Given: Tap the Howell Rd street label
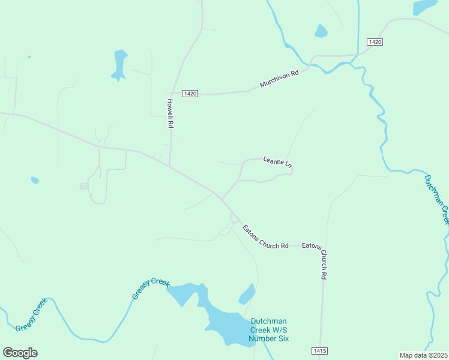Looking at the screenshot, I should pyautogui.click(x=170, y=113).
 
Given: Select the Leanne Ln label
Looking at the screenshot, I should pyautogui.click(x=277, y=161).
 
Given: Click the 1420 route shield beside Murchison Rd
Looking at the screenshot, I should pyautogui.click(x=190, y=94).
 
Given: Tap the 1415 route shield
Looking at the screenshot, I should pyautogui.click(x=319, y=350).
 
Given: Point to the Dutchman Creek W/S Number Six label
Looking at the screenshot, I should pyautogui.click(x=269, y=330).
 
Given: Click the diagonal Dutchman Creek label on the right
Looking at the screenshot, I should pyautogui.click(x=436, y=199).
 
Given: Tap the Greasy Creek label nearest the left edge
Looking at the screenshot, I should pyautogui.click(x=31, y=316).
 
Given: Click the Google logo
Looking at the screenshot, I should pyautogui.click(x=20, y=353).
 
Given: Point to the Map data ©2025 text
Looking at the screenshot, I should pyautogui.click(x=424, y=355).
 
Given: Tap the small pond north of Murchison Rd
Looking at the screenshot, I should pyautogui.click(x=321, y=31).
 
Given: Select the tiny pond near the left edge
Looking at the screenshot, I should pyautogui.click(x=35, y=179).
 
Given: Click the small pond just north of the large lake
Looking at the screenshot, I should pyautogui.click(x=247, y=295).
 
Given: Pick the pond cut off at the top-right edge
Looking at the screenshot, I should pyautogui.click(x=424, y=6).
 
